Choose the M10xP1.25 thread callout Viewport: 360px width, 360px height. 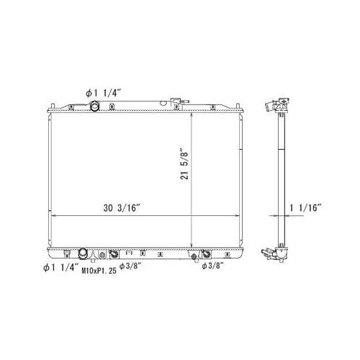98,271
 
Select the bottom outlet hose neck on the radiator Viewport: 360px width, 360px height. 83,253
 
